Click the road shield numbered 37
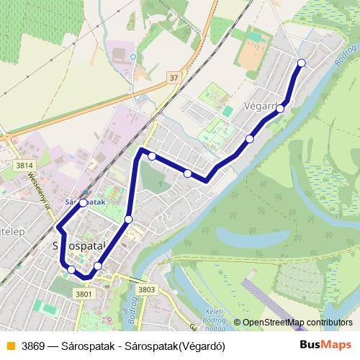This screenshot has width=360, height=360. pos(173,77)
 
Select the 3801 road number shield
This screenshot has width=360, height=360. pos(84,294)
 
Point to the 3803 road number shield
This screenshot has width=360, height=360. pos(146,289)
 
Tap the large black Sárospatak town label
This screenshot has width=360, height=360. pos(79,246)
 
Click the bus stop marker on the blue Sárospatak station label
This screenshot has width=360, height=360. pos(84,203)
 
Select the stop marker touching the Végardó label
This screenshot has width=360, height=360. pos(280,108)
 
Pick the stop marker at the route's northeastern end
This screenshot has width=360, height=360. pos(301,63)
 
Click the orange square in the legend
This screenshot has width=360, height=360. pos(9,344)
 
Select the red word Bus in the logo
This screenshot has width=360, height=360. pos(311,344)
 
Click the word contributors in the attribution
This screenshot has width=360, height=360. pos(328,323)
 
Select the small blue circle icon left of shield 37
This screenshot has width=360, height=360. pos(133,55)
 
